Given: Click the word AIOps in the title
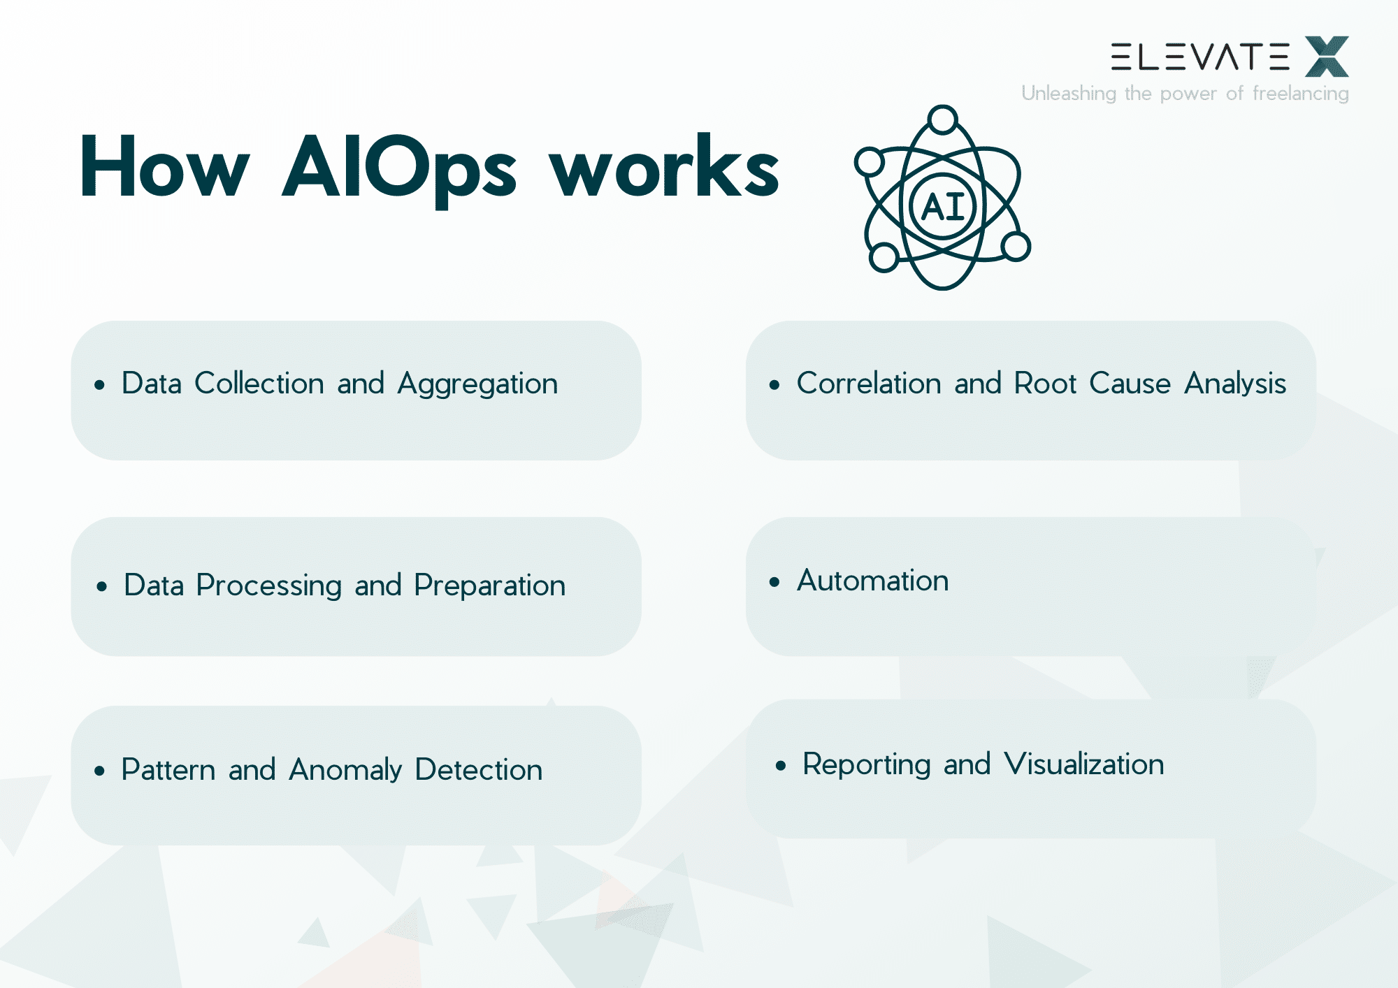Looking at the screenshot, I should (399, 168).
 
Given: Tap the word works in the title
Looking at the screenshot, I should (664, 168).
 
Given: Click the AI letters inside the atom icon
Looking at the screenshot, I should (943, 207).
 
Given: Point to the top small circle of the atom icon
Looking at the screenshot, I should (943, 119).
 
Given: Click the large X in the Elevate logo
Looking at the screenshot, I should (1327, 57).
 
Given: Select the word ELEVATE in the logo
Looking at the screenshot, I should (1199, 57).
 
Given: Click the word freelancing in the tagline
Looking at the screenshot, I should (1300, 94).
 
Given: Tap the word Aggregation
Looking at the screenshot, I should (477, 384).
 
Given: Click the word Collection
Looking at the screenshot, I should (259, 384).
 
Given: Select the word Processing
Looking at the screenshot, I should (268, 586).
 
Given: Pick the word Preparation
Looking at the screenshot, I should (489, 586).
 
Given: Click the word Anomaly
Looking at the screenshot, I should (345, 770).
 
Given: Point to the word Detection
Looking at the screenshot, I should (478, 770).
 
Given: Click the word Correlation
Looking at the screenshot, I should (869, 384).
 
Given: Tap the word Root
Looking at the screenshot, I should (1045, 384).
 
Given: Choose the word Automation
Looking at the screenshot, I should (873, 581).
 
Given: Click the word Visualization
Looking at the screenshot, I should (1084, 764).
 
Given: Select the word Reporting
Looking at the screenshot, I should (866, 764).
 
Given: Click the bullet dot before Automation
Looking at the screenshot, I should (774, 582).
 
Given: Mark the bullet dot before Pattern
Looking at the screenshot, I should (99, 771).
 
